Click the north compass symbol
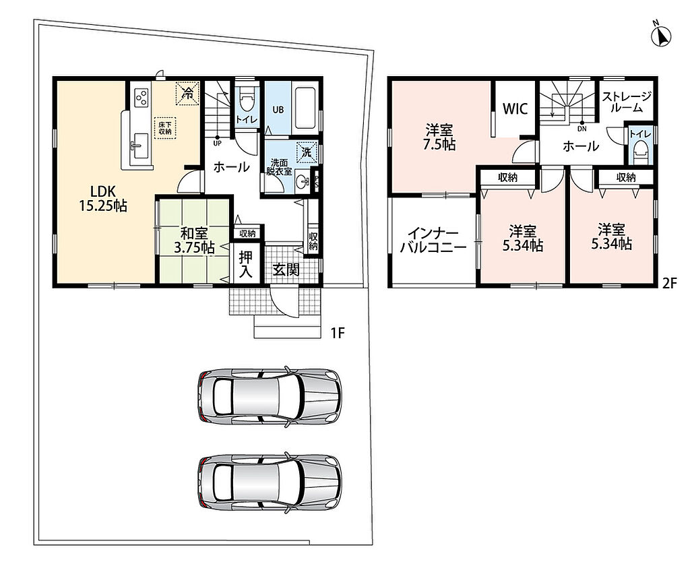661,34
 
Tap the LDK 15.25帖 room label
103,198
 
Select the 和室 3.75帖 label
194,241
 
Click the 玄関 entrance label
286,269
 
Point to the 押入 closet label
245,265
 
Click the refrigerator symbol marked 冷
188,94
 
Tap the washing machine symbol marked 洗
307,152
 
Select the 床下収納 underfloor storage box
166,129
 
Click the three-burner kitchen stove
142,97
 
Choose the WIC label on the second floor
515,108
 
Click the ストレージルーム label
627,102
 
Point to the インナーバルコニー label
433,240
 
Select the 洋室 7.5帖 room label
439,137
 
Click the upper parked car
270,397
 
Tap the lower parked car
270,482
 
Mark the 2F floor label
669,284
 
